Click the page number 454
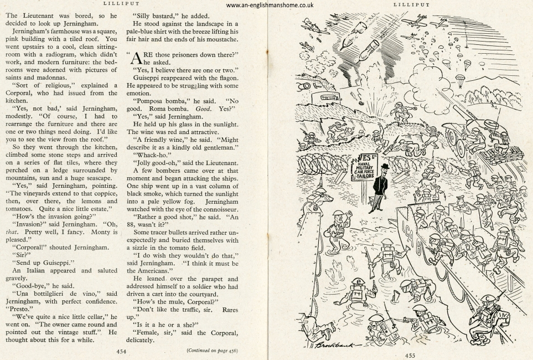click(x=121, y=351)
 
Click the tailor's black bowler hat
click(x=378, y=166)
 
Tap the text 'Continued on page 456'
click(x=212, y=351)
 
